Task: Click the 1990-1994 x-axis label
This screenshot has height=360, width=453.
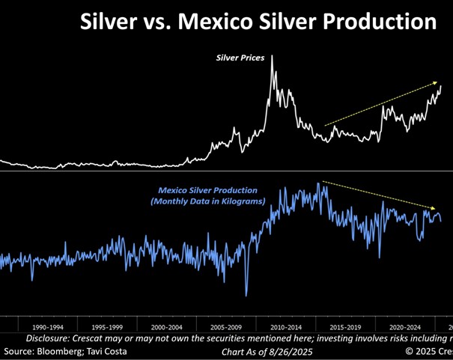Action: tap(49, 327)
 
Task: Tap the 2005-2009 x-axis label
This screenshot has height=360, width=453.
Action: tap(226, 327)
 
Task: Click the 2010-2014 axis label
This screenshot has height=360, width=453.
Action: tap(285, 327)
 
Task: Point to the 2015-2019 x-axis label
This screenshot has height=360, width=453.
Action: tap(345, 327)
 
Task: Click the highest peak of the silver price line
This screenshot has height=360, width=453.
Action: tap(272, 55)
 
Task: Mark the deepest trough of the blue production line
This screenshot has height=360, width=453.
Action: tap(246, 294)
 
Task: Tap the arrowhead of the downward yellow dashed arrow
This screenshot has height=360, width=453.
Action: tap(435, 207)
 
